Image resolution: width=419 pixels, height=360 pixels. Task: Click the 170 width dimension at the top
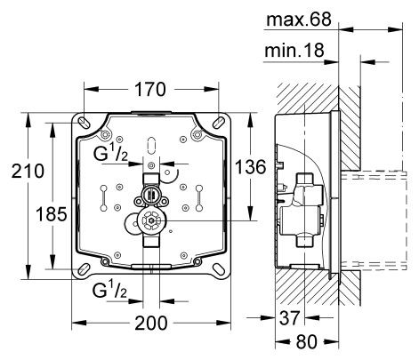pyautogui.click(x=149, y=90)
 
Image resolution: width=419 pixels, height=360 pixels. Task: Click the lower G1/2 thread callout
pyautogui.click(x=113, y=291)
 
